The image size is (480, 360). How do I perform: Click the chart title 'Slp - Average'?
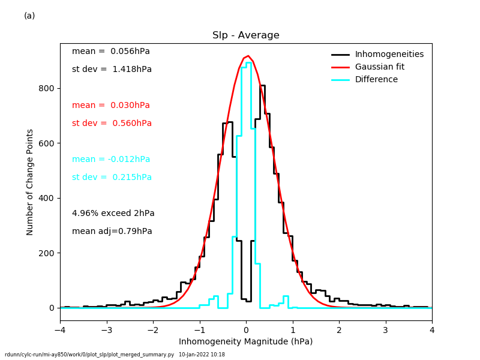(x=246, y=35)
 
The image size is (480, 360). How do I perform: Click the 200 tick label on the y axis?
(x=47, y=253)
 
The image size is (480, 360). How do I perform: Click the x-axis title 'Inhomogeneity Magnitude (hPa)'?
(x=246, y=342)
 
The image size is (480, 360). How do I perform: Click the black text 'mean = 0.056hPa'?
(x=111, y=52)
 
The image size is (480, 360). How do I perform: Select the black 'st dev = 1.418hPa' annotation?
(x=112, y=70)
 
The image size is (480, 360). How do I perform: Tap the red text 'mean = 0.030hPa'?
(x=111, y=106)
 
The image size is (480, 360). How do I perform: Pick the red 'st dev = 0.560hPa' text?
(x=112, y=124)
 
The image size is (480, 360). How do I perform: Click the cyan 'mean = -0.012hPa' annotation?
(x=111, y=160)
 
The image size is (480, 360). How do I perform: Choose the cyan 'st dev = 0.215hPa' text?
(x=112, y=178)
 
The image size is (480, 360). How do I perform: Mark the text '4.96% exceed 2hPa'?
(x=113, y=214)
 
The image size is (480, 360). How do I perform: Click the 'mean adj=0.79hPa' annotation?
(x=112, y=232)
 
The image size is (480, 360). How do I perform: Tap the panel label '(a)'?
(x=29, y=16)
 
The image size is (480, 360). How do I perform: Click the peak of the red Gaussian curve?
(x=248, y=56)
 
